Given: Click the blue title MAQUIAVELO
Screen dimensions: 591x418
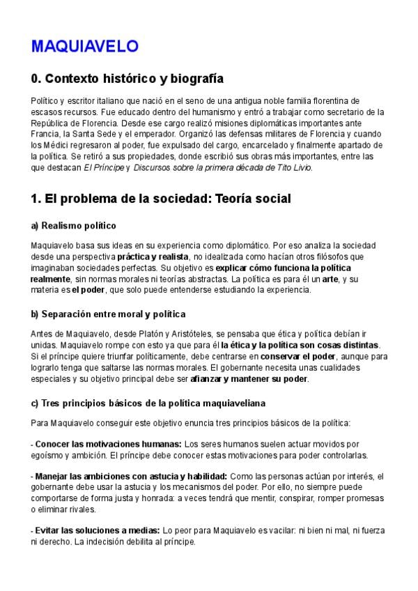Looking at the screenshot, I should pos(84,47).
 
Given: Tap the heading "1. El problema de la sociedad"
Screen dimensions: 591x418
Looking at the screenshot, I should pos(160,199).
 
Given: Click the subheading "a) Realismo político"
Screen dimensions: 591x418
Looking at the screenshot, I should pos(73,226).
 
